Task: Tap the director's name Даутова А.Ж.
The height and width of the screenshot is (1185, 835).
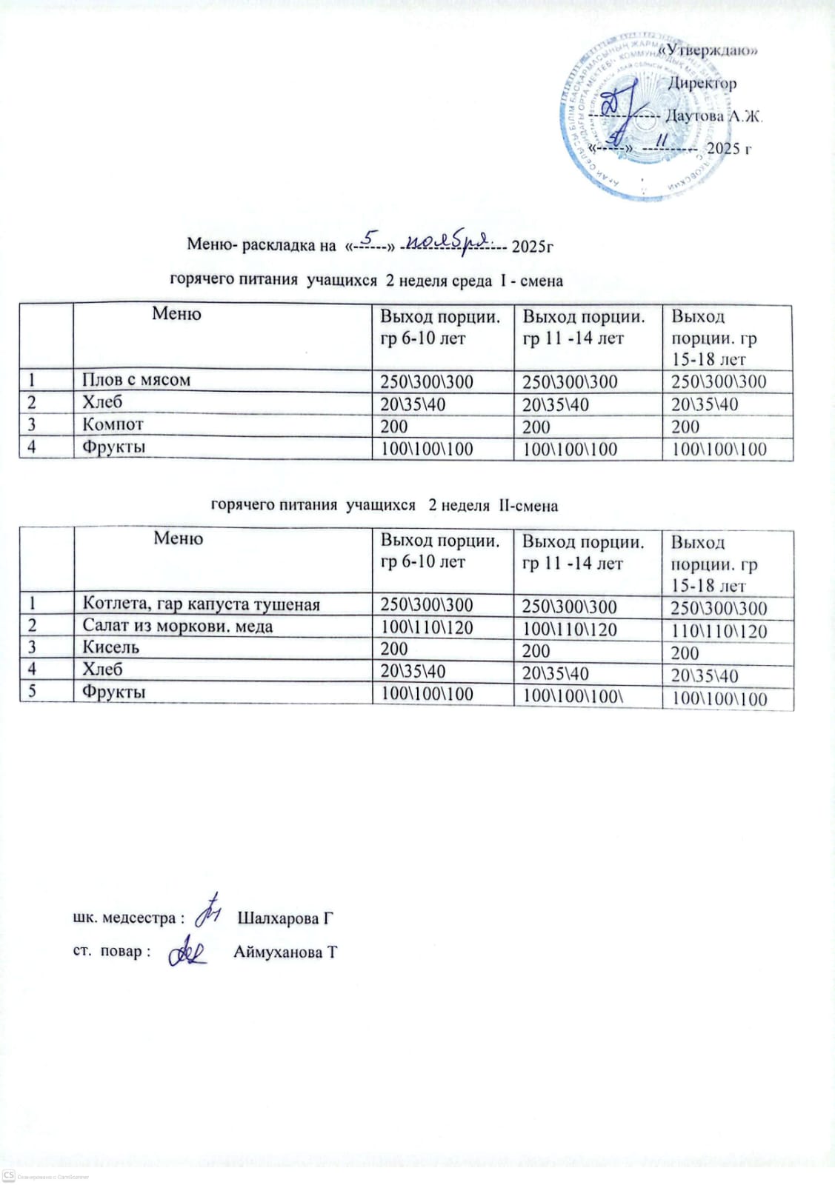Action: pyautogui.click(x=713, y=116)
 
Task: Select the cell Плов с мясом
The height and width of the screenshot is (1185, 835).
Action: pyautogui.click(x=136, y=380)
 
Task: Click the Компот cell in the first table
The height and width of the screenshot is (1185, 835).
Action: pyautogui.click(x=113, y=425)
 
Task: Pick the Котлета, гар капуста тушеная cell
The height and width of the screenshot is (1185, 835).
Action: pyautogui.click(x=202, y=604)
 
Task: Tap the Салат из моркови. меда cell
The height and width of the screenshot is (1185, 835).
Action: pyautogui.click(x=178, y=627)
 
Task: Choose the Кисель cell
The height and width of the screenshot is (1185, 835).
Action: pyautogui.click(x=111, y=648)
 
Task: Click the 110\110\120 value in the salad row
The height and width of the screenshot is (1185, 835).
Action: pyautogui.click(x=719, y=631)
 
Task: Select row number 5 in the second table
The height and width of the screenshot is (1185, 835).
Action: pyautogui.click(x=33, y=692)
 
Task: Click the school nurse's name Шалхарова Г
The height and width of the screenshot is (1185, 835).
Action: pyautogui.click(x=285, y=918)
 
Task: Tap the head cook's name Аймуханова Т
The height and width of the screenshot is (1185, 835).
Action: pyautogui.click(x=285, y=952)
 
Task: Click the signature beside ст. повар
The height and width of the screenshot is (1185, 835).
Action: pyautogui.click(x=187, y=952)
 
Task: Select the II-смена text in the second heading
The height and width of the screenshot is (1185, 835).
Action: pyautogui.click(x=528, y=506)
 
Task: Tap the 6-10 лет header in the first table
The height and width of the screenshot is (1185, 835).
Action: pyautogui.click(x=422, y=338)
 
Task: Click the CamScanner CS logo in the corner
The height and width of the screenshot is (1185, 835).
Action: pyautogui.click(x=9, y=1176)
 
